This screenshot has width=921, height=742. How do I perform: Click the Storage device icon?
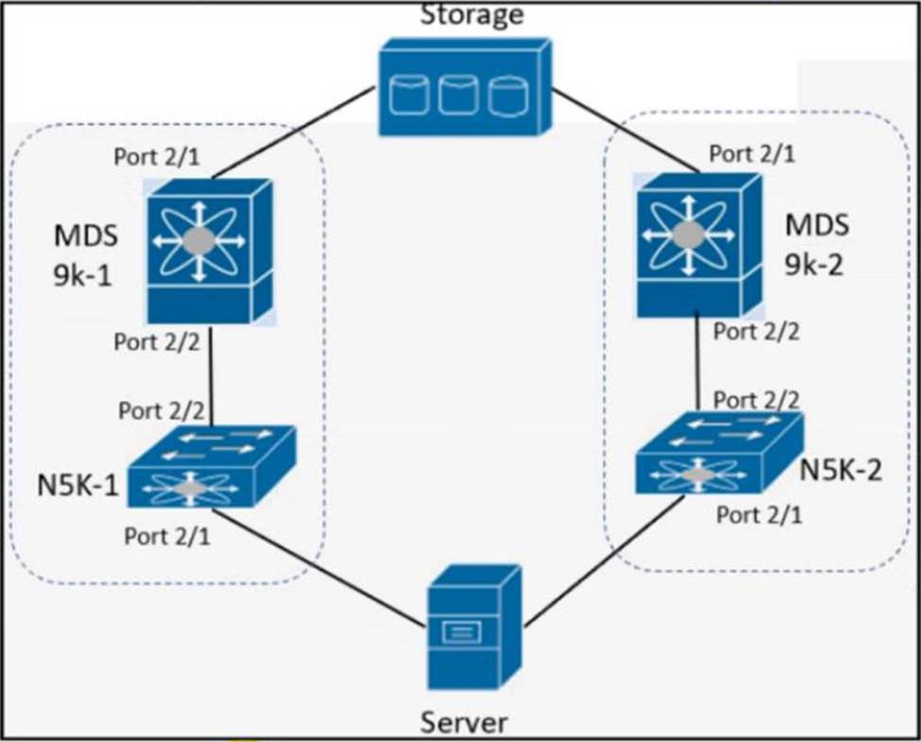(x=464, y=87)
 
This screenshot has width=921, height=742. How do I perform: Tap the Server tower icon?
(x=474, y=627)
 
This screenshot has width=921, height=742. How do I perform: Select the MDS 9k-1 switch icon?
(x=210, y=251)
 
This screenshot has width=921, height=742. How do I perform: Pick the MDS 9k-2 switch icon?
(x=699, y=246)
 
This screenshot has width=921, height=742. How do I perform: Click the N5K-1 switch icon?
(x=212, y=466)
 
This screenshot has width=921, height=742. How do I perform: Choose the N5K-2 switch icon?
(x=719, y=453)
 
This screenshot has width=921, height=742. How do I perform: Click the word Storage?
(x=472, y=15)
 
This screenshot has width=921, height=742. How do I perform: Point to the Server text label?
(x=464, y=722)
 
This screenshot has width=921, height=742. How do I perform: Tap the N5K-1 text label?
(x=78, y=486)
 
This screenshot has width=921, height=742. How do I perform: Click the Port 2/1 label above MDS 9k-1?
(x=156, y=157)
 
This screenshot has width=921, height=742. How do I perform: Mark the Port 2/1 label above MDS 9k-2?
(x=752, y=153)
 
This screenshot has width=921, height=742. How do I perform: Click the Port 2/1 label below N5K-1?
(x=166, y=536)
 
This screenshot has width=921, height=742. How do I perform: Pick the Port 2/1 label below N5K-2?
(x=759, y=515)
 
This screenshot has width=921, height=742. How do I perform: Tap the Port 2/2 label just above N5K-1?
(x=162, y=410)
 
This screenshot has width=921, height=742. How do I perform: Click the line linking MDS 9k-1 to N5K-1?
(x=211, y=375)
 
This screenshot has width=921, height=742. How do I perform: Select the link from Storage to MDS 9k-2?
(x=626, y=130)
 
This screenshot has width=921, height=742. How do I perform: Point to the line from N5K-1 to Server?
(x=319, y=569)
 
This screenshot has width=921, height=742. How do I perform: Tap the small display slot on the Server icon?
(x=461, y=632)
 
